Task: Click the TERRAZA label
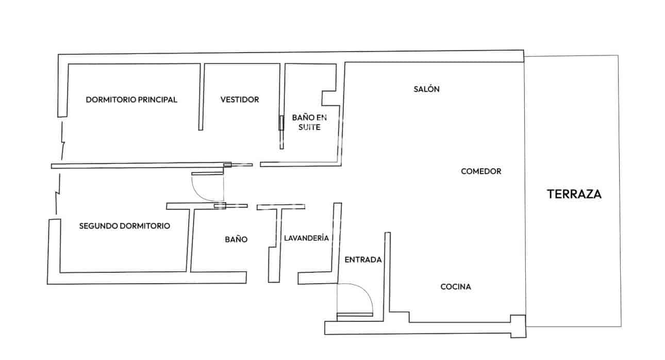(x=574, y=194)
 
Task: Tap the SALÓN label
(x=426, y=89)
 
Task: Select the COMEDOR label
(x=480, y=171)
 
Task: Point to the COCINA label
(x=455, y=287)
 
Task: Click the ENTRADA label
(x=363, y=260)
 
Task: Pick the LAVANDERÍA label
(x=306, y=238)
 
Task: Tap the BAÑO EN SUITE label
(x=309, y=122)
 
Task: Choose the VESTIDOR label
(x=240, y=100)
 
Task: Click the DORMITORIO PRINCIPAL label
(x=131, y=100)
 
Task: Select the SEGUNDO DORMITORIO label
(x=125, y=226)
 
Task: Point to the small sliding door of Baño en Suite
(x=281, y=123)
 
